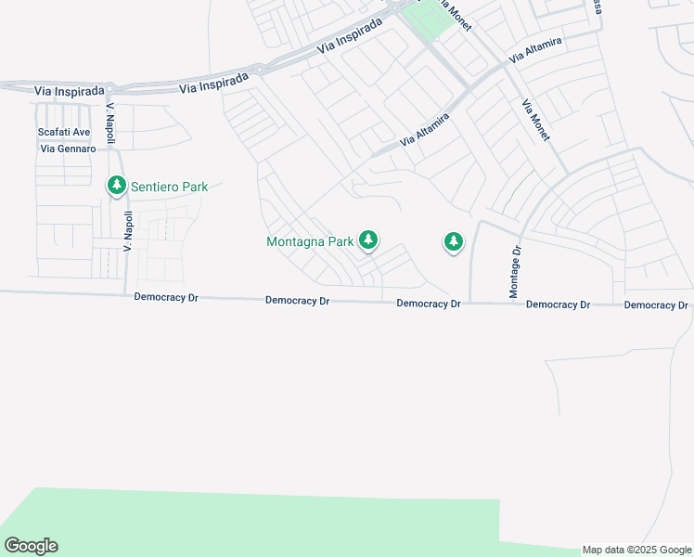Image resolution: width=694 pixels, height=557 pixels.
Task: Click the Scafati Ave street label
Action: click(x=64, y=132)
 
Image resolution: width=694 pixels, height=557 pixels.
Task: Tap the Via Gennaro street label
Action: click(x=68, y=149)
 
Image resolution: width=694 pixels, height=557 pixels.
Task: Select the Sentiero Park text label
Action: click(x=169, y=187)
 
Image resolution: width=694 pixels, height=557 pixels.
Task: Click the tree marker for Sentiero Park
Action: click(x=117, y=186)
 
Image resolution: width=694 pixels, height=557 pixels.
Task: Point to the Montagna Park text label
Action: click(x=310, y=241)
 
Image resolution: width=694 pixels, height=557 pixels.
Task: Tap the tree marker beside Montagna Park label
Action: click(x=368, y=240)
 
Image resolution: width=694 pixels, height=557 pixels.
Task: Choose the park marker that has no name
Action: click(x=453, y=242)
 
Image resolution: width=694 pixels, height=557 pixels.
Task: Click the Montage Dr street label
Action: click(x=516, y=272)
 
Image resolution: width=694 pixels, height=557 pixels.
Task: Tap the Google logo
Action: click(x=31, y=546)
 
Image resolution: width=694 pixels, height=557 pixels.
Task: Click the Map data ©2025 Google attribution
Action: click(x=636, y=550)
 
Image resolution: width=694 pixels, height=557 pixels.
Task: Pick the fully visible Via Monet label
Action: click(x=536, y=120)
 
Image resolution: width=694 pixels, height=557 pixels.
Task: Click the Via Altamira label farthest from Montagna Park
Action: click(x=534, y=51)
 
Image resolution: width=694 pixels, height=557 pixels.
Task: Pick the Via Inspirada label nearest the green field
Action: click(x=349, y=38)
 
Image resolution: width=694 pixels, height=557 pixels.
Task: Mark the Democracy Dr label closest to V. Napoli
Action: click(x=166, y=297)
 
